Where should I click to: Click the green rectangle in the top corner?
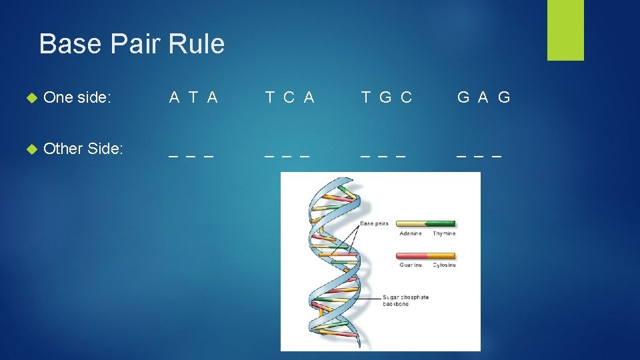[565, 30]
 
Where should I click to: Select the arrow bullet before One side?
[29, 97]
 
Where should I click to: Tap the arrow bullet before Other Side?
[29, 149]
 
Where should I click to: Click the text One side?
[77, 97]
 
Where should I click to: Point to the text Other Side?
[83, 149]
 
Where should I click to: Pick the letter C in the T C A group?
[289, 97]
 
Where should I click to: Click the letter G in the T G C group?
[385, 97]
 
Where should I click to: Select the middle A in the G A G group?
[483, 97]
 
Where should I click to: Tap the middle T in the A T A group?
[193, 97]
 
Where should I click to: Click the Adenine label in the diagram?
[410, 233]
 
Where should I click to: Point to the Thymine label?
[443, 233]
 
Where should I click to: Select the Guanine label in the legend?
[410, 265]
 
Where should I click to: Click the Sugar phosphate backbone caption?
[405, 300]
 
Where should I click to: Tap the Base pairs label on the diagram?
[374, 223]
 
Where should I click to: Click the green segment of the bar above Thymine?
[441, 224]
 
